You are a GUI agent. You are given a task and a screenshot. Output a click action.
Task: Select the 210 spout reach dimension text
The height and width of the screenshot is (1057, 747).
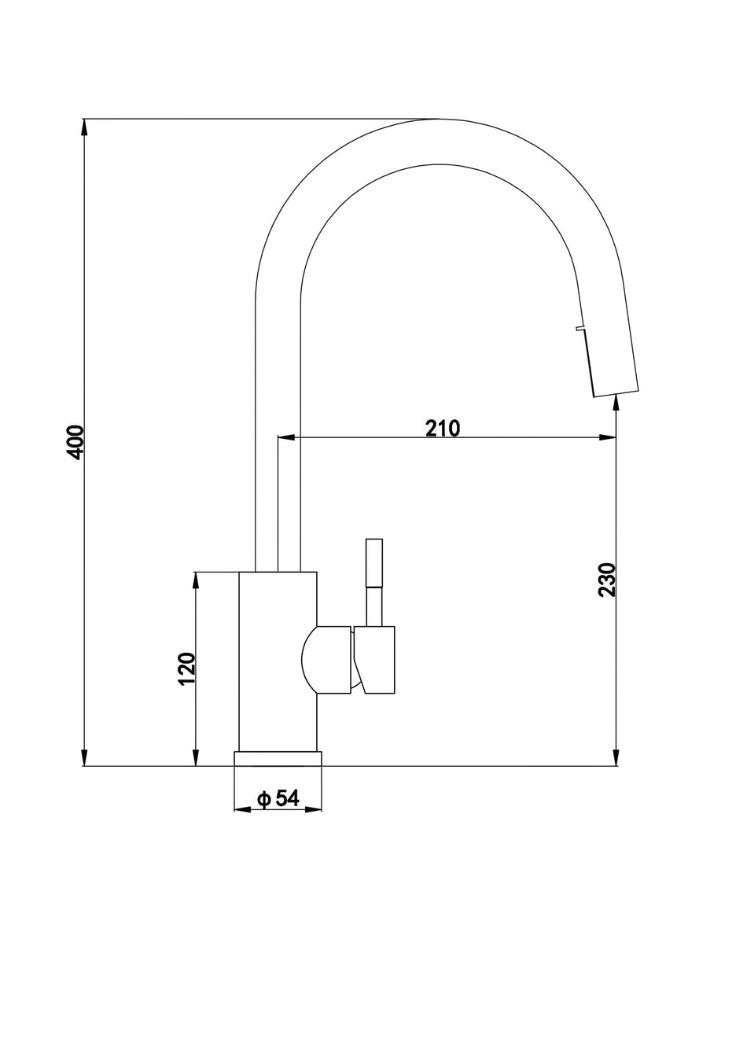coord(442,428)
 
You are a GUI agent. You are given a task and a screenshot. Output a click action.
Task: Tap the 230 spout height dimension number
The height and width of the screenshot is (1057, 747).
coord(606,580)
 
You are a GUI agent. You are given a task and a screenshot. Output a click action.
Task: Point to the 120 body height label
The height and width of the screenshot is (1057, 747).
coord(186,668)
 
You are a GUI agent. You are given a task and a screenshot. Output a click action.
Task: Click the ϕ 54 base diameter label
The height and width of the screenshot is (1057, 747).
coord(278,798)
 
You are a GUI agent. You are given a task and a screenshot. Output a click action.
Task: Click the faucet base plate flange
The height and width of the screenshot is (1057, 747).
coord(278,758)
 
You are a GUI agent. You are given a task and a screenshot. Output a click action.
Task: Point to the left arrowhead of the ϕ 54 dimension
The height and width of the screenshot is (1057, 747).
coord(241,808)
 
